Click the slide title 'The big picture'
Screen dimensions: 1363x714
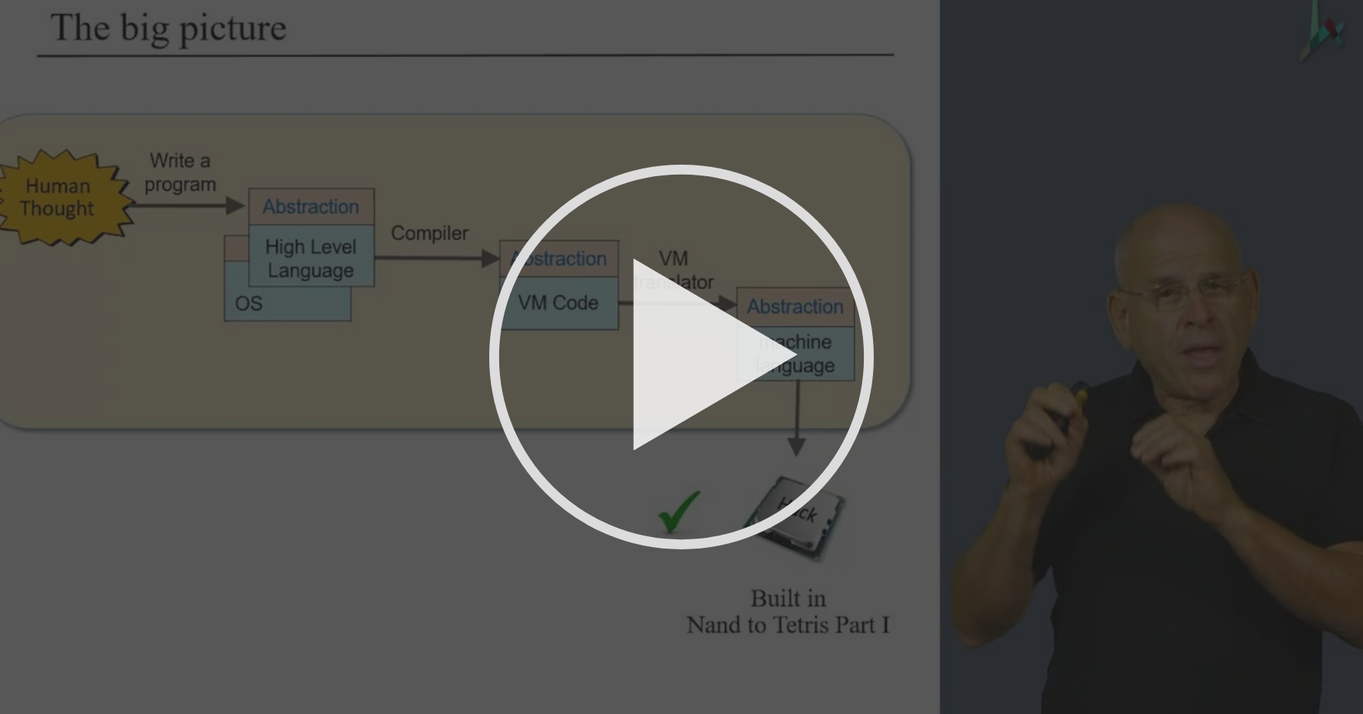tap(168, 28)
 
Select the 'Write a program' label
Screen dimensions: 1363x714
tap(180, 172)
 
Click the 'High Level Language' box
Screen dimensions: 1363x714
tap(311, 258)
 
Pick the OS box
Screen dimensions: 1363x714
tap(248, 304)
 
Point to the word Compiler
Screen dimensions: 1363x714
tap(429, 233)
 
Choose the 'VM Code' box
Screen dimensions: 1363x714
tap(558, 303)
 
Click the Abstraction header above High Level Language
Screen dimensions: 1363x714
tap(311, 206)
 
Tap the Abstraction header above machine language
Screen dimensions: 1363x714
tap(795, 306)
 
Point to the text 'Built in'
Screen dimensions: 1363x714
tap(788, 599)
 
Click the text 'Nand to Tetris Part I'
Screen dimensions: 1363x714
tap(788, 625)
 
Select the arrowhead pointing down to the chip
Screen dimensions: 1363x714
tap(797, 446)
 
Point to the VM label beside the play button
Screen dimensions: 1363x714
tap(673, 259)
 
